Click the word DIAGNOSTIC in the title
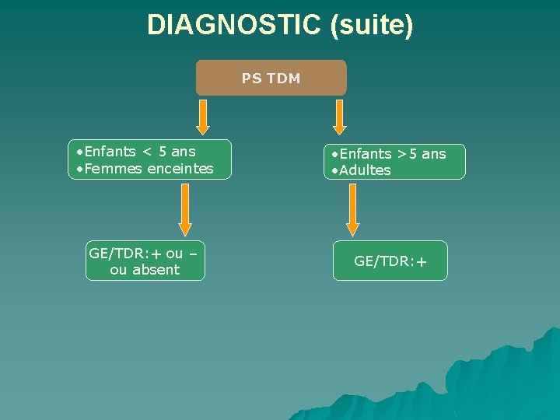click(234, 25)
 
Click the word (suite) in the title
click(371, 25)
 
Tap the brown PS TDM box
click(271, 78)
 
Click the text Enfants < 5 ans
click(141, 151)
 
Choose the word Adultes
click(365, 170)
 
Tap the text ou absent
click(145, 270)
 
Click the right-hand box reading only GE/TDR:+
click(390, 261)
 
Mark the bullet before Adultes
click(334, 171)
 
